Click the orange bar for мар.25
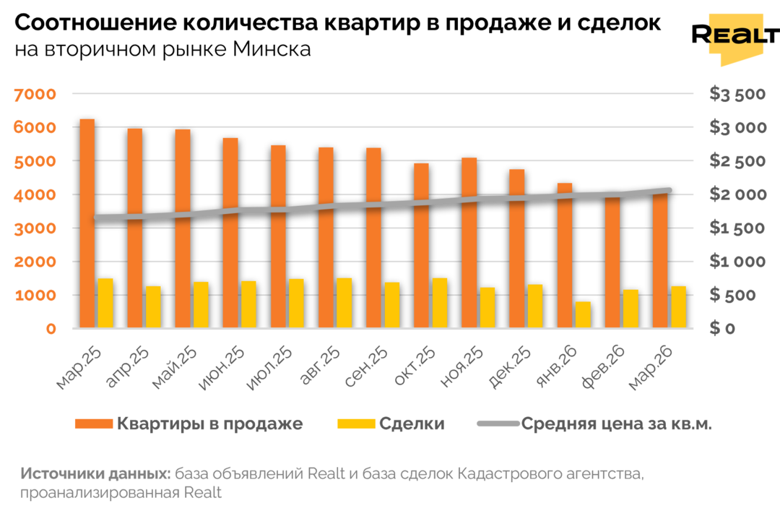[87, 224]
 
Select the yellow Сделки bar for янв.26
[583, 315]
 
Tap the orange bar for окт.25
[421, 246]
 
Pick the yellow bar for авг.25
[344, 304]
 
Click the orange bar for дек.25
[516, 249]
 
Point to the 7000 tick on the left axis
[34, 94]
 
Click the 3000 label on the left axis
[34, 228]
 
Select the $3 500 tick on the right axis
[737, 94]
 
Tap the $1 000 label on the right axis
[737, 262]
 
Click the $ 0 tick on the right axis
[722, 329]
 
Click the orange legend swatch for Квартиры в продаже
[93, 424]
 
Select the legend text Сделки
[412, 424]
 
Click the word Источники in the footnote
[57, 474]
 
